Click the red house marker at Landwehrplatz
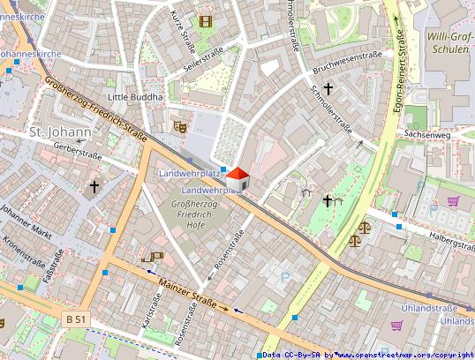point(238,179)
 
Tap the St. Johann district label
point(60,133)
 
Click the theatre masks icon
point(179,126)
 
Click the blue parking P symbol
point(284,277)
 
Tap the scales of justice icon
point(355,239)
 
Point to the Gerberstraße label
point(79,152)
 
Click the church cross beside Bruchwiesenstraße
point(328,88)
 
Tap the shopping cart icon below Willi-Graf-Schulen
point(453,201)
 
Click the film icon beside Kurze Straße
point(206,21)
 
